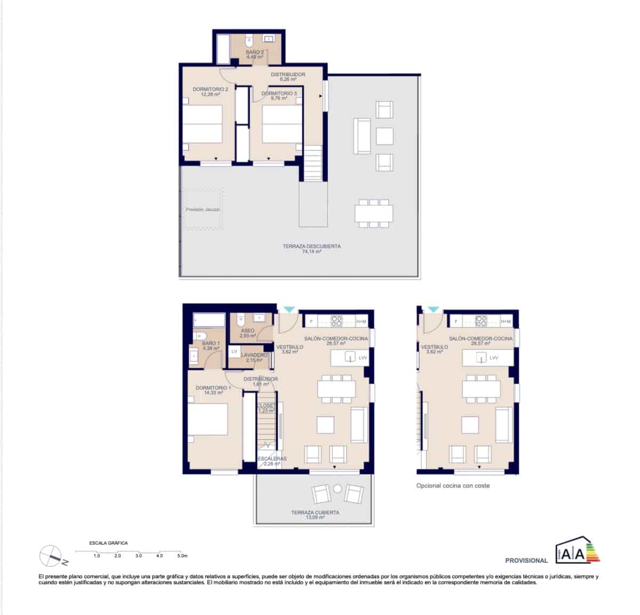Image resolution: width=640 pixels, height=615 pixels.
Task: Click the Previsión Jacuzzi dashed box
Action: point(203,209)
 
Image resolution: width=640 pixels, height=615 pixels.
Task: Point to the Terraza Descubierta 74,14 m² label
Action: point(311,249)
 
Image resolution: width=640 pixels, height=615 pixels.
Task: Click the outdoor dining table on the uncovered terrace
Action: point(374,213)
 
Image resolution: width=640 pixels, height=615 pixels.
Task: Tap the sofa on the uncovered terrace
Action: point(362,136)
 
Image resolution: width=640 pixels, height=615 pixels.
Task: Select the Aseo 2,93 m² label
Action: point(247,333)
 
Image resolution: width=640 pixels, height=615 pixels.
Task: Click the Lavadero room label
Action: point(254,357)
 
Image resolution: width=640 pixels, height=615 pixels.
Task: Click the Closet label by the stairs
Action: point(266,408)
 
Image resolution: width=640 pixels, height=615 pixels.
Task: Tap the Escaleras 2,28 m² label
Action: point(271,461)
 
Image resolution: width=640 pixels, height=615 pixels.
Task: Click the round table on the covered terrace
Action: point(338,489)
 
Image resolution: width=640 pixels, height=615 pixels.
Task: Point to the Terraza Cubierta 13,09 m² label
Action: point(315,514)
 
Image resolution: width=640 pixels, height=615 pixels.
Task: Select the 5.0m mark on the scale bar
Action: point(182,556)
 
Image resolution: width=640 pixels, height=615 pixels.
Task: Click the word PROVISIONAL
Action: point(526,560)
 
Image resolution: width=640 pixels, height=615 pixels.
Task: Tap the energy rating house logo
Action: point(571,553)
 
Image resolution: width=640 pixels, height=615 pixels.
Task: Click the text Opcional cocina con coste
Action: point(453,485)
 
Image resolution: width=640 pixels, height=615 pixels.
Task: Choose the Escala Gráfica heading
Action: point(108,543)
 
